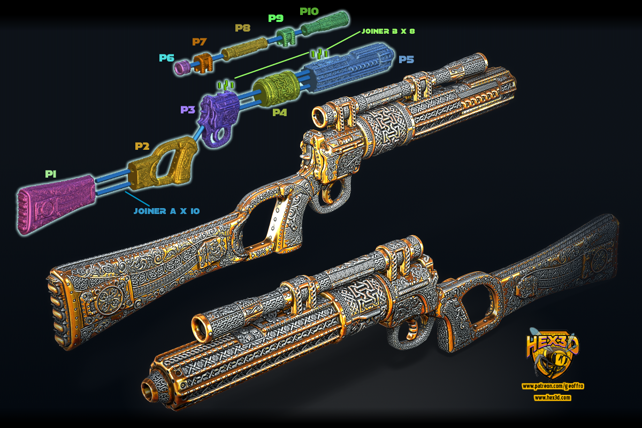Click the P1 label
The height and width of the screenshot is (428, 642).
[x=51, y=174]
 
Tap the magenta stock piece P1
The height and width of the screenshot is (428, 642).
[x=56, y=203]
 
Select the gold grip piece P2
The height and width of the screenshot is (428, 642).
[x=163, y=164]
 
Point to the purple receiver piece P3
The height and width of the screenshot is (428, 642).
[x=219, y=118]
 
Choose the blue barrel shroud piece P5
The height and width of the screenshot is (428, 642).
[x=348, y=67]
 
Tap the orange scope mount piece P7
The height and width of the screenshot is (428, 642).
[x=203, y=63]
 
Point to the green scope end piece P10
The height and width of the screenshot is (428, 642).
[x=325, y=24]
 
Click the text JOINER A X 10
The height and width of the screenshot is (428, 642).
[x=166, y=211]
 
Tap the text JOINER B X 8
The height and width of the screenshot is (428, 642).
[x=388, y=31]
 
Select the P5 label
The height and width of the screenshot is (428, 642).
[x=406, y=59]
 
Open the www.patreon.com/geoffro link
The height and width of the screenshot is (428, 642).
[x=553, y=386]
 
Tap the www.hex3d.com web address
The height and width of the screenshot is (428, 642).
[x=552, y=398]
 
